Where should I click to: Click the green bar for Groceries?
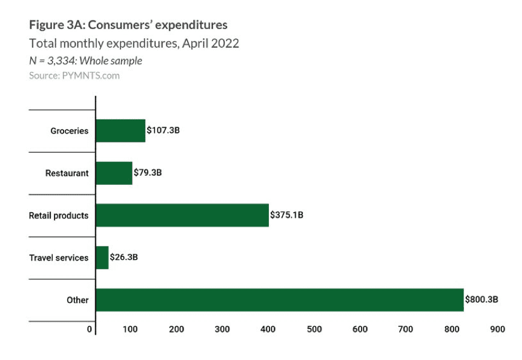(121, 130)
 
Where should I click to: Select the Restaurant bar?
(114, 173)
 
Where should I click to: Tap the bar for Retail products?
(182, 215)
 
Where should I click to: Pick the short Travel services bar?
(102, 258)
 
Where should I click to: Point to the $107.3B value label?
(164, 130)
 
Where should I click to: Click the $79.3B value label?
(148, 173)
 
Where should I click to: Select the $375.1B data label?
(286, 215)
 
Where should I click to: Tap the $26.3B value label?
(124, 258)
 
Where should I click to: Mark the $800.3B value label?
(481, 300)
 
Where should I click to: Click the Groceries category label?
(69, 130)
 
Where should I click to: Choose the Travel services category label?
(59, 258)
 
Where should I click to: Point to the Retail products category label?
(59, 215)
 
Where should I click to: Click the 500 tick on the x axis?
(314, 329)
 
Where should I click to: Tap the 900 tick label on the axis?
(497, 329)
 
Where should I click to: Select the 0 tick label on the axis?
(90, 329)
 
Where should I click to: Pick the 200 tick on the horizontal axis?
(176, 329)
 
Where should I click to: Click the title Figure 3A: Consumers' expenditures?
(128, 25)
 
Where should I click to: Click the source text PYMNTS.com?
(74, 76)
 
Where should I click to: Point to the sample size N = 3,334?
(85, 61)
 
